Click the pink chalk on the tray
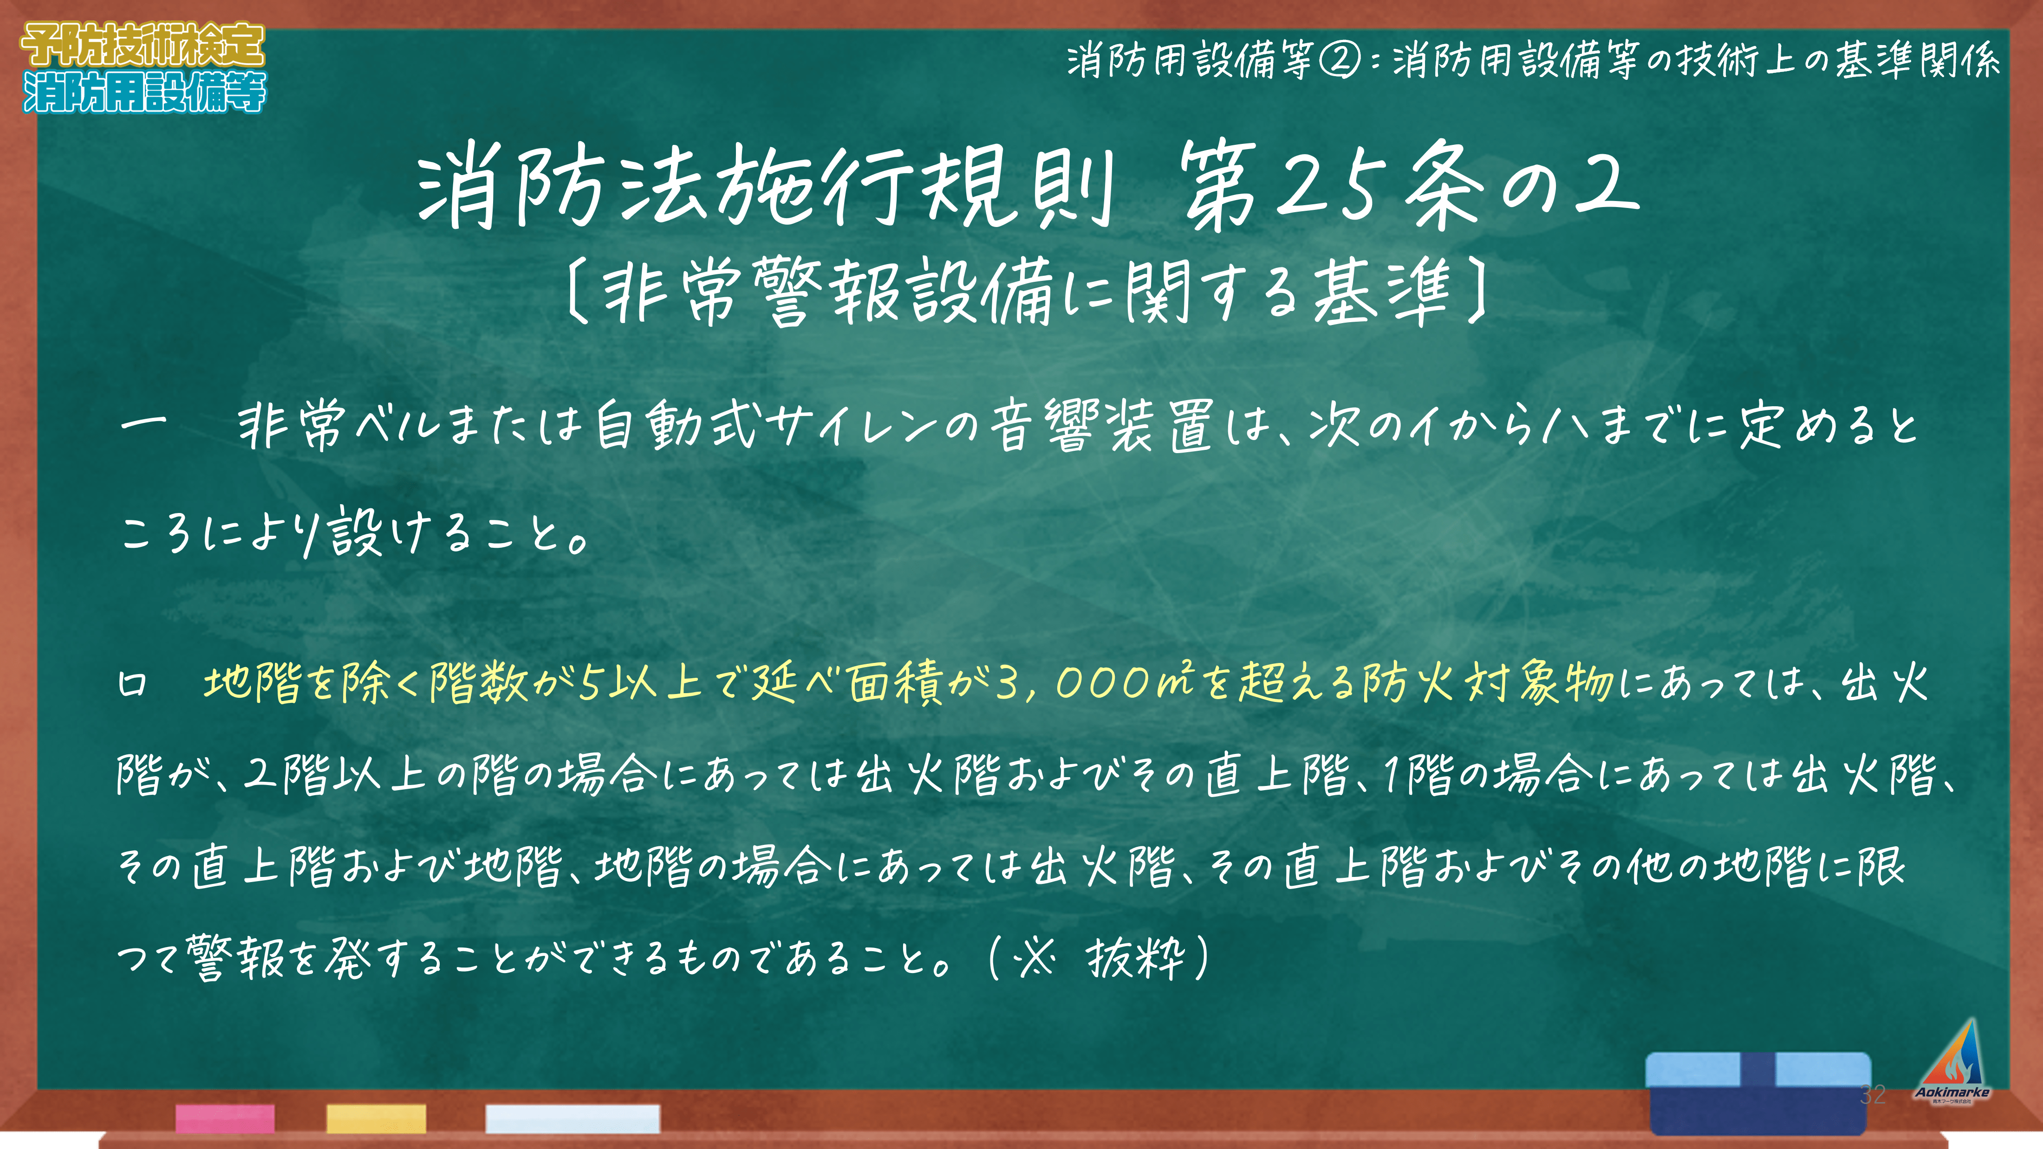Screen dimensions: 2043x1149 pos(225,1118)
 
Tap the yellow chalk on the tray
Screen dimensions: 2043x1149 pos(376,1118)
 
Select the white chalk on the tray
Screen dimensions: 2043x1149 pos(573,1118)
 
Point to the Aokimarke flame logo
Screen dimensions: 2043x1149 pos(1952,1061)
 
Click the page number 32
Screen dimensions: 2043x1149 pos(1873,1094)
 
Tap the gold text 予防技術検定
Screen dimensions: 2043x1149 pos(143,45)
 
